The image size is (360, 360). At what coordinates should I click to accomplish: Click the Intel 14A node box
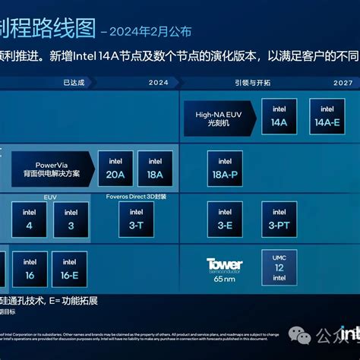coord(279,116)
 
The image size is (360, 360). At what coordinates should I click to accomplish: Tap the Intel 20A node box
coord(115,168)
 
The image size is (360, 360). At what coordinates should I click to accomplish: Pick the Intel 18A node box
coord(155,168)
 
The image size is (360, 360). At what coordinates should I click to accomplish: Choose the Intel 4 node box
coord(30,219)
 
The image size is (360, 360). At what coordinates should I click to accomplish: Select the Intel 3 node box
coord(71,219)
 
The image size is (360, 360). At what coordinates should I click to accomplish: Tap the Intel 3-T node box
coord(137,219)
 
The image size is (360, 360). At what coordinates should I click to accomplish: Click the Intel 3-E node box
coord(225,219)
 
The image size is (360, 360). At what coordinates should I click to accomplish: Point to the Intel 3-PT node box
coord(279,219)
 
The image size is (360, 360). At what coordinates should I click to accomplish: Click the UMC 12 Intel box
coord(279,268)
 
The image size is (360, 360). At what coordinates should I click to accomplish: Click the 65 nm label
coord(225,279)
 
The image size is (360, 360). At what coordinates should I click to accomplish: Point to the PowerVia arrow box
coord(56,168)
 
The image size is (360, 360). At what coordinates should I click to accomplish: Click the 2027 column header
coord(343,82)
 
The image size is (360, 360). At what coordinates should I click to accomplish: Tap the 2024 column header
coord(159,82)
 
